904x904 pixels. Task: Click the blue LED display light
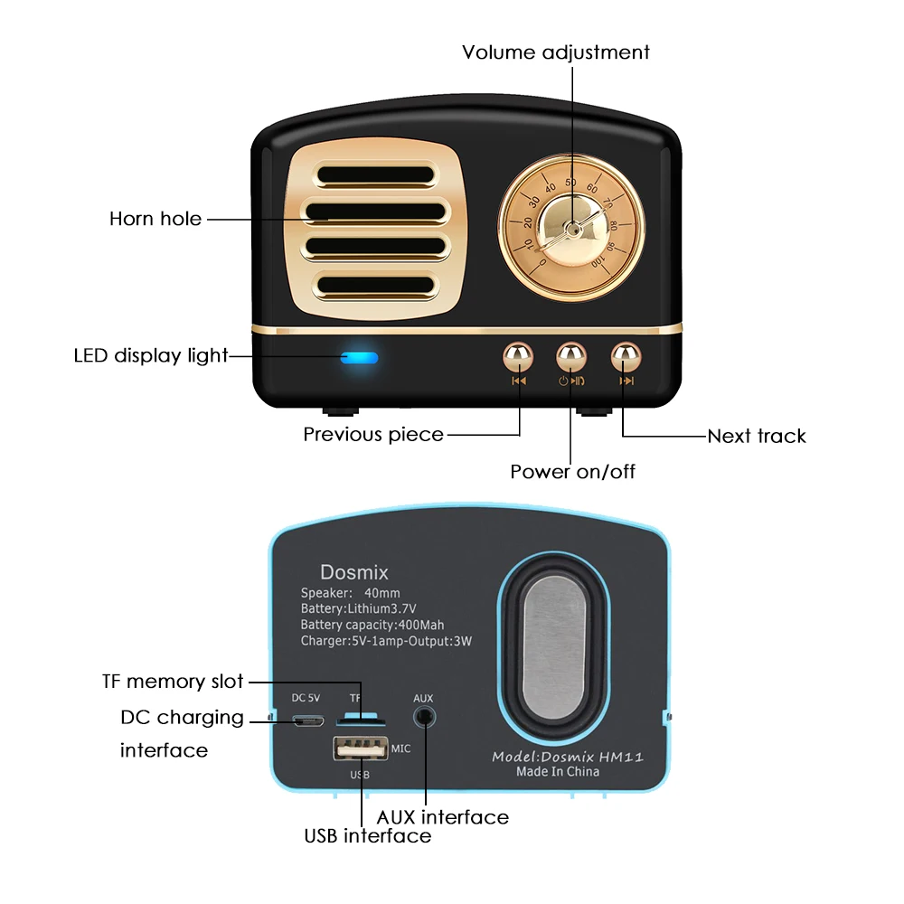(359, 357)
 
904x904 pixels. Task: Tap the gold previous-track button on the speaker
(518, 356)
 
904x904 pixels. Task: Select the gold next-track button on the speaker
(625, 356)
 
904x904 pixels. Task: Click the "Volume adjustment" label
(555, 52)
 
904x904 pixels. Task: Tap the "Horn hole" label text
(155, 219)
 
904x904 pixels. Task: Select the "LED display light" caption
(151, 355)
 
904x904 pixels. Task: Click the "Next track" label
(756, 436)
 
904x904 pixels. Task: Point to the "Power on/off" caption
(572, 471)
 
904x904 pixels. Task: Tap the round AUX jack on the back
(423, 718)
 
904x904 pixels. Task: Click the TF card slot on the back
(361, 720)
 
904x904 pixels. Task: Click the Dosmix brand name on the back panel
(353, 572)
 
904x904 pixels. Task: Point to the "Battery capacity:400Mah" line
(372, 625)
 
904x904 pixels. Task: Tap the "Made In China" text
(557, 771)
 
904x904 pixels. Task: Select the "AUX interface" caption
(443, 817)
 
